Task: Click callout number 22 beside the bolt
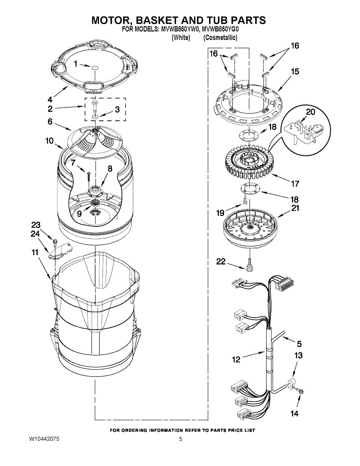click(221, 262)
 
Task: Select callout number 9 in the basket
click(79, 213)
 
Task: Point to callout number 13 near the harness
click(298, 355)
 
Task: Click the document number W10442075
click(44, 439)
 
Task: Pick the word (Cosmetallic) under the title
click(220, 38)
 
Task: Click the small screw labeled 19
click(245, 200)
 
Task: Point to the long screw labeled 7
click(89, 175)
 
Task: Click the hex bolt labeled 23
click(55, 242)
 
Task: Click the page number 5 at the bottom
click(181, 439)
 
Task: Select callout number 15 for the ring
click(295, 71)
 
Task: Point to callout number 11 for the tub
click(35, 252)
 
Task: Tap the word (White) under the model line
click(181, 38)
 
